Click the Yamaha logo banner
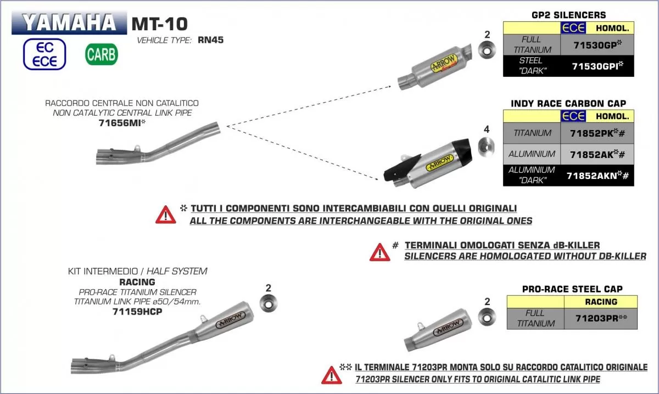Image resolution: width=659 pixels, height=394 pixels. click(69, 23)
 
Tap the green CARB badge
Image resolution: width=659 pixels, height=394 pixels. click(101, 55)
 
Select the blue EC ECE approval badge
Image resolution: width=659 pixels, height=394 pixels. click(44, 54)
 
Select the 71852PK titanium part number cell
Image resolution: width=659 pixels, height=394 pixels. click(597, 133)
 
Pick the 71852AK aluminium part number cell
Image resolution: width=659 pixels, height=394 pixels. click(597, 154)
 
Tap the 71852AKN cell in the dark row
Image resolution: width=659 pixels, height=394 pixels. click(597, 176)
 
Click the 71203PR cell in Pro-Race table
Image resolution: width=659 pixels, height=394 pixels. click(600, 318)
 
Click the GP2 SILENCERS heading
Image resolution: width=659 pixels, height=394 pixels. click(569, 15)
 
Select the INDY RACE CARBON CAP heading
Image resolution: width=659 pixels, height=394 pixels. click(568, 103)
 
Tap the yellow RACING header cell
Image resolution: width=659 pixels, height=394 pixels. click(601, 302)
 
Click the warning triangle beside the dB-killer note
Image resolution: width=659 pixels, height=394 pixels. click(379, 252)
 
